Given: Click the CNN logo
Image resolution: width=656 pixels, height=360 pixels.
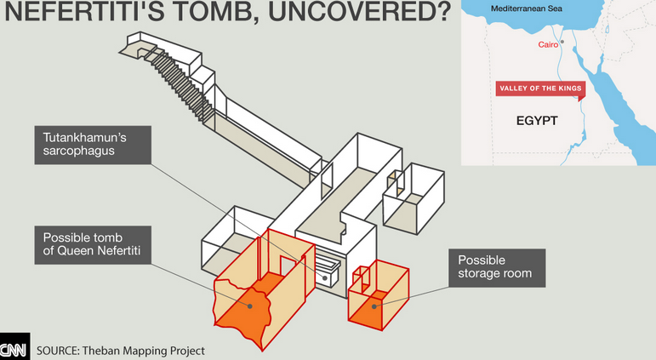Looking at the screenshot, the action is click(14, 346).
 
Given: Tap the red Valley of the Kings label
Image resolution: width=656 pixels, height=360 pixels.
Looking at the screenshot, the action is click(540, 89).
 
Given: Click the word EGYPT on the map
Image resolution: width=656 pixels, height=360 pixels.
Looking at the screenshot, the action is click(537, 121).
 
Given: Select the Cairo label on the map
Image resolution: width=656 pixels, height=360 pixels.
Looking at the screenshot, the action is click(548, 44).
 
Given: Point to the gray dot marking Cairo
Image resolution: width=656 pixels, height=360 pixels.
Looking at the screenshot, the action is click(562, 42).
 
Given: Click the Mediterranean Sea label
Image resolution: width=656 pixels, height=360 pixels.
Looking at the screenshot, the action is click(527, 9).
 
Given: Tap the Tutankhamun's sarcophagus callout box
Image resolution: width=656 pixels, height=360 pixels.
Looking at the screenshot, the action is click(93, 145).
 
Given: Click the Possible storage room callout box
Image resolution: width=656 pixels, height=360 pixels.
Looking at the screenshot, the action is click(497, 268).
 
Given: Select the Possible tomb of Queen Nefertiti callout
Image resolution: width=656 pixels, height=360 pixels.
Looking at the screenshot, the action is click(93, 245).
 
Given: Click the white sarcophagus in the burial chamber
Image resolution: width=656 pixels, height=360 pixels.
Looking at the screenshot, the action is click(327, 271).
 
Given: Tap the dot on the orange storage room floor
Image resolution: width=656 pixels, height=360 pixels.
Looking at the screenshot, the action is click(374, 307).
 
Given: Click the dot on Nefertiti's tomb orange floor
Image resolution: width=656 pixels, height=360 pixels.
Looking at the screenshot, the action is click(250, 306).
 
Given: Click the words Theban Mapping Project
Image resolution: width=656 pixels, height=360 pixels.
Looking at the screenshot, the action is click(144, 351).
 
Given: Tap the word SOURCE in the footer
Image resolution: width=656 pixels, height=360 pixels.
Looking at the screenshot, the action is click(58, 351).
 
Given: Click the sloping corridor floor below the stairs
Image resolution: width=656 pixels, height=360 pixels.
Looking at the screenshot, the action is click(264, 146).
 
